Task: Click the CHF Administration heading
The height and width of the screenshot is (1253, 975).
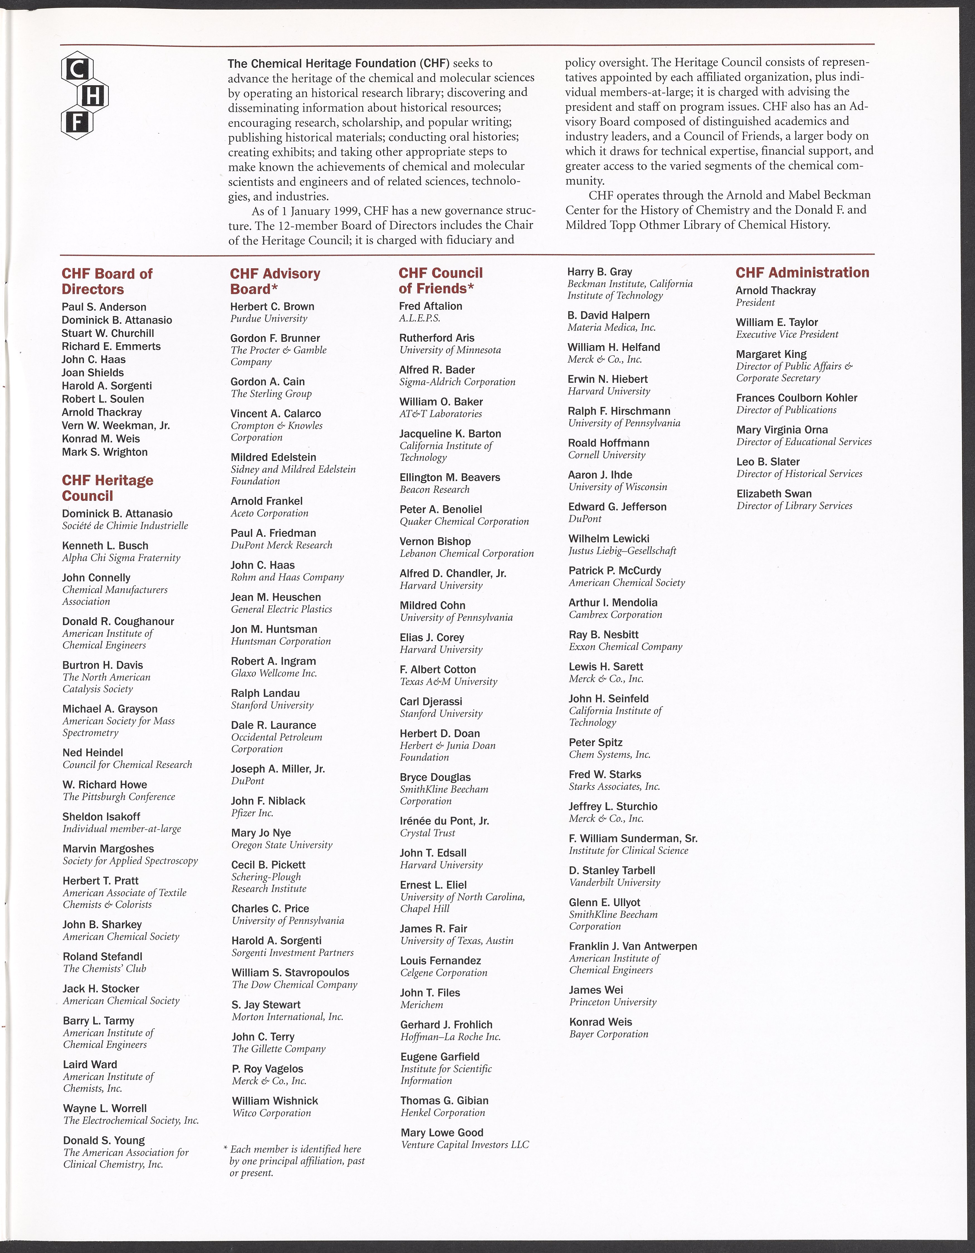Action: click(802, 273)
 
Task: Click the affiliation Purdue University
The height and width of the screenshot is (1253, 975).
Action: click(268, 319)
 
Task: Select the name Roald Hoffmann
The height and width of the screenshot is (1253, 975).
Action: click(608, 443)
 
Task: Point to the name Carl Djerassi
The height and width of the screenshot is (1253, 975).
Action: click(430, 701)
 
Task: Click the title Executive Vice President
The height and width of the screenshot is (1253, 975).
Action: click(787, 334)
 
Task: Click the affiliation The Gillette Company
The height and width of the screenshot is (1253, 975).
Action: click(278, 1049)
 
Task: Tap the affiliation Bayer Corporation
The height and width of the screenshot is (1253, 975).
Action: click(608, 1034)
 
